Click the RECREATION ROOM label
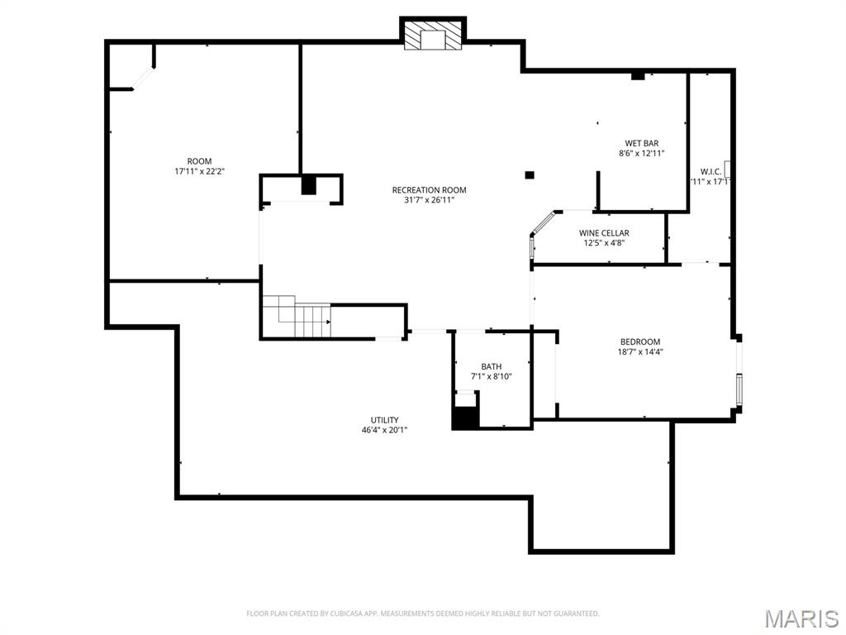[x=429, y=190]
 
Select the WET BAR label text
[x=641, y=143]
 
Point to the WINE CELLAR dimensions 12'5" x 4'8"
[x=604, y=243]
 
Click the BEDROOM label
[x=640, y=341]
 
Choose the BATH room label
[x=492, y=366]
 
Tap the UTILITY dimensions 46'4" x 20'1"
[x=384, y=430]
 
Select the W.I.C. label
[x=711, y=171]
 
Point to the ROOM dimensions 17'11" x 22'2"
[x=199, y=171]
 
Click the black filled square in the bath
[x=464, y=418]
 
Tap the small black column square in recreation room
[x=530, y=174]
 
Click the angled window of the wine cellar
[x=542, y=224]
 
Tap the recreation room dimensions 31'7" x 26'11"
[x=429, y=200]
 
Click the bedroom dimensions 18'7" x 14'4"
[x=640, y=351]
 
